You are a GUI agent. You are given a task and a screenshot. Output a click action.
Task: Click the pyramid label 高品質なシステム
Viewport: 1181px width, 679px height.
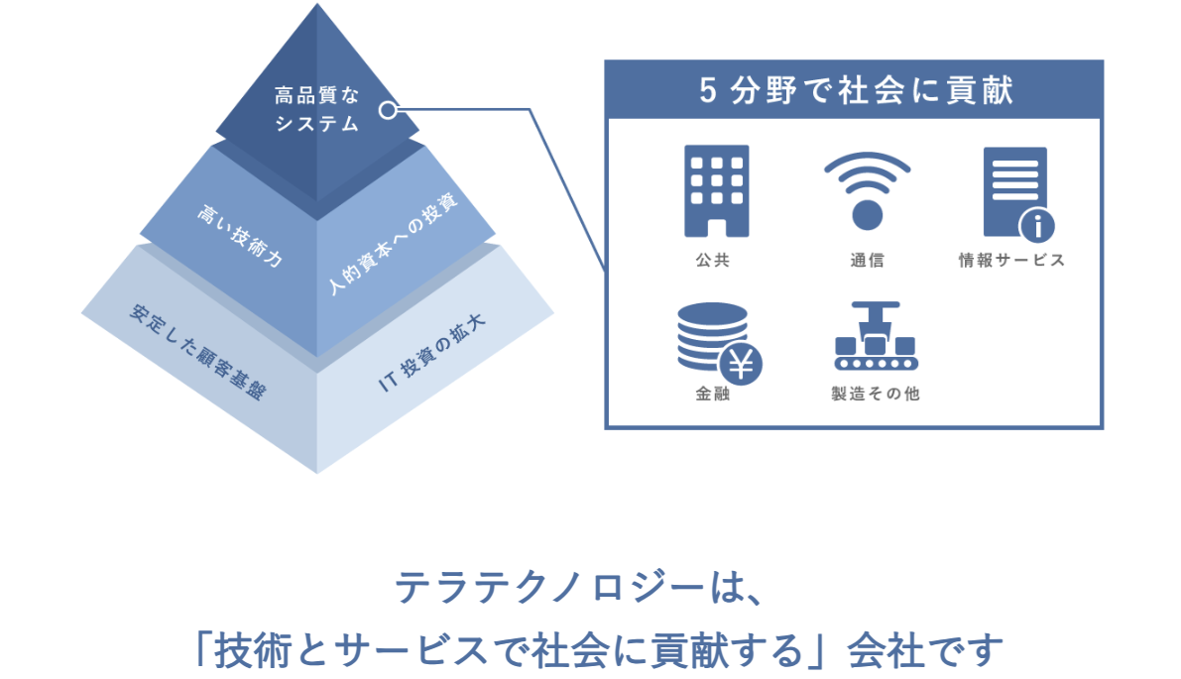pyautogui.click(x=316, y=110)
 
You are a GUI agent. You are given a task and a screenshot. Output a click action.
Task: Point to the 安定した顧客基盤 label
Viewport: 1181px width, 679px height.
pyautogui.click(x=198, y=351)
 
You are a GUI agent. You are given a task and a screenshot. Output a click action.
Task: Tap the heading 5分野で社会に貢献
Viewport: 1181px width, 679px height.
pyautogui.click(x=854, y=91)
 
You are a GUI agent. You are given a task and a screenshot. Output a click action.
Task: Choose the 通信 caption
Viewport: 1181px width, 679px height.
pyautogui.click(x=867, y=261)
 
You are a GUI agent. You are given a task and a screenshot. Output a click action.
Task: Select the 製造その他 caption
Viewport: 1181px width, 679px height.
pyautogui.click(x=875, y=394)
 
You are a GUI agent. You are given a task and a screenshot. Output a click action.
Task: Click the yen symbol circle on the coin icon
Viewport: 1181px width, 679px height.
pyautogui.click(x=741, y=364)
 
